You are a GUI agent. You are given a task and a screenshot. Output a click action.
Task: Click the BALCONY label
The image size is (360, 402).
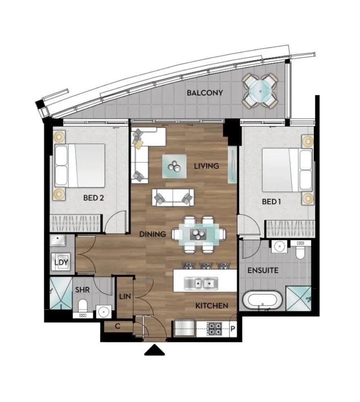[205, 93]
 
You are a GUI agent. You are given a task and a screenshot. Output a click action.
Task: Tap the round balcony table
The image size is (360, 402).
[260, 91]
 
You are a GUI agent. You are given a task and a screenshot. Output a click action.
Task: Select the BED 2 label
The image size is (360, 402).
[94, 198]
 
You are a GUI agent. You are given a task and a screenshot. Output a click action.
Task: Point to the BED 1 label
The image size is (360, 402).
[271, 202]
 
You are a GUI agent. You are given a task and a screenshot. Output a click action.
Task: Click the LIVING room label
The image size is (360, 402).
[206, 166]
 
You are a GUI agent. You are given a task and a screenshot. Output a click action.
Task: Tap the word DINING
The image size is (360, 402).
[152, 234]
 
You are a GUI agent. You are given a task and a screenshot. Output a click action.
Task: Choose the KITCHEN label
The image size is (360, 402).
[212, 306]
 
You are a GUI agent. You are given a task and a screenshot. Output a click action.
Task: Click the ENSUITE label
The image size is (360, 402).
[263, 271]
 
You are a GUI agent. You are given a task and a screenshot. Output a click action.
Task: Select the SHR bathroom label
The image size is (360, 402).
[83, 290]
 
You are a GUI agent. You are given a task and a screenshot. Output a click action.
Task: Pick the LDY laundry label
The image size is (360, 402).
[61, 262]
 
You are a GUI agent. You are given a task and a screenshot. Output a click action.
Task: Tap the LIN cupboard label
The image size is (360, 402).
[125, 296]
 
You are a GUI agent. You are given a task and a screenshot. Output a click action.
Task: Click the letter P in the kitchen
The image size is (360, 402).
[233, 329]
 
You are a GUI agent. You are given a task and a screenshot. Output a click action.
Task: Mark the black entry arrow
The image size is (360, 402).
[154, 350]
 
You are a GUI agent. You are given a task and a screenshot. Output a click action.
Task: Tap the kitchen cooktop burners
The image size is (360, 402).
[215, 329]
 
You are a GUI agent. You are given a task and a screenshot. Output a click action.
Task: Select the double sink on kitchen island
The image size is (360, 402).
[201, 284]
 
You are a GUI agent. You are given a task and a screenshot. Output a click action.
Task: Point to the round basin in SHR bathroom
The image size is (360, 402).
[104, 312]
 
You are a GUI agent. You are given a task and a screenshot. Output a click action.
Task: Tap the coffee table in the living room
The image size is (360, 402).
[174, 166]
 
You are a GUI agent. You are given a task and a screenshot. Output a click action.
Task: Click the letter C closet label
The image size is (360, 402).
[118, 326]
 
